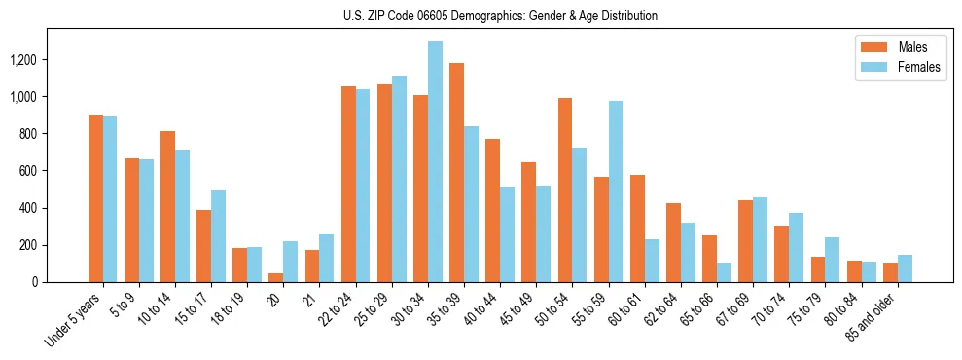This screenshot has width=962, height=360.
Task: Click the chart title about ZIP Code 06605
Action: click(500, 16)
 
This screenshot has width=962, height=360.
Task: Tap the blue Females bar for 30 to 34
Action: click(435, 162)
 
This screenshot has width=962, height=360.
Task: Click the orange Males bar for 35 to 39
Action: click(456, 172)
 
